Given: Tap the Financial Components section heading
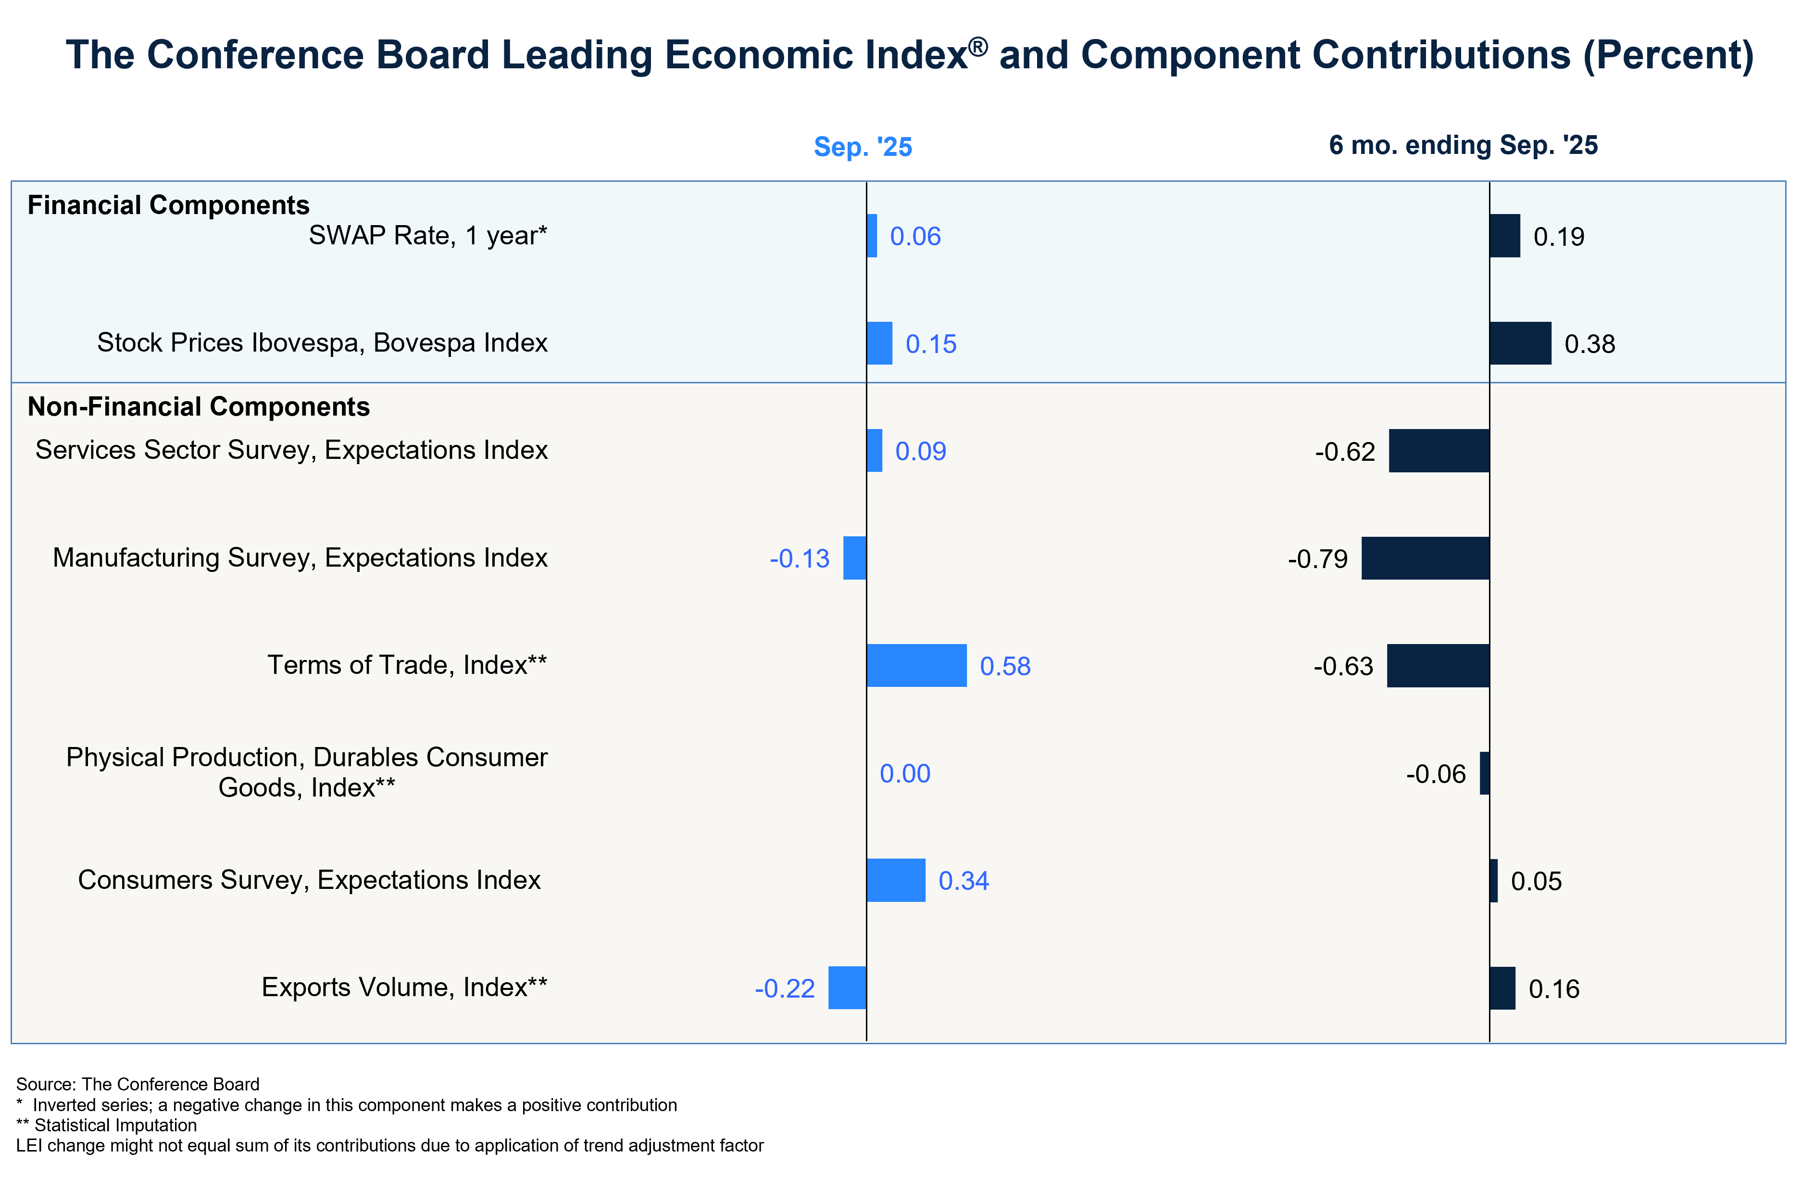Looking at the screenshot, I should coord(168,205).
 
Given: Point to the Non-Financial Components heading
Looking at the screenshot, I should coord(198,407).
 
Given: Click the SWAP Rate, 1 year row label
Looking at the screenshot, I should coord(427,236).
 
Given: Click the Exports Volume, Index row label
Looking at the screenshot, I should coord(404,988).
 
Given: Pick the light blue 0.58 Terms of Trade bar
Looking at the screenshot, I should coord(917,666).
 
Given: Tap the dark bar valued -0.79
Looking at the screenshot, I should coord(1425,558).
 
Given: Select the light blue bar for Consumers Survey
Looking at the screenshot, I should coord(896,881).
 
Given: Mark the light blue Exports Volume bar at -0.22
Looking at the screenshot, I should coord(848,988).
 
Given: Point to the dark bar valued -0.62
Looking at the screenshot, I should coord(1439,451).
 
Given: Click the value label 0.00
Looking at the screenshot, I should coord(905,774).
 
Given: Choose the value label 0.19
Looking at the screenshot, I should coord(1559,237).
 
